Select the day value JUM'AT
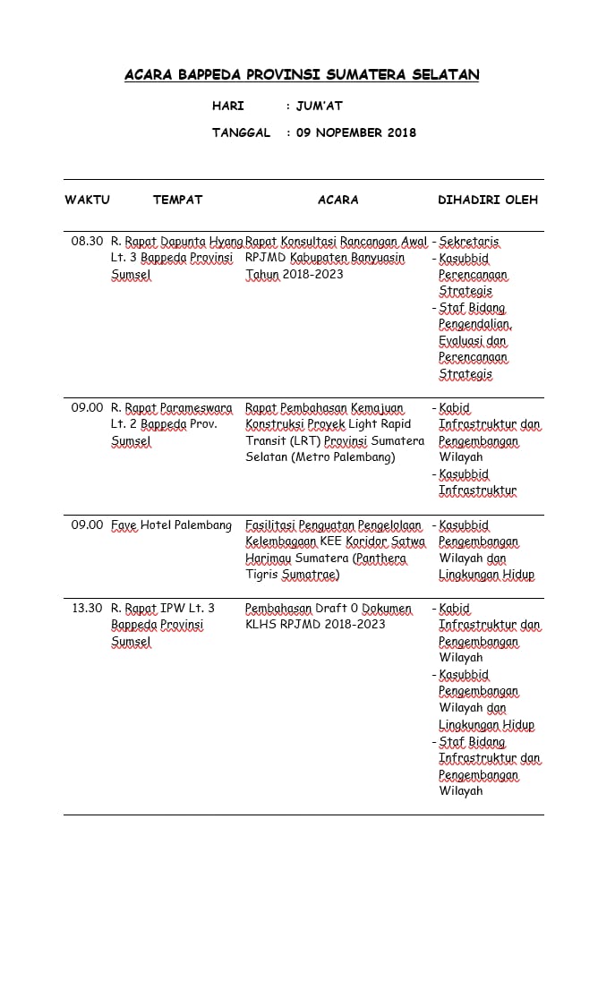[320, 106]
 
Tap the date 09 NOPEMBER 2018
[356, 132]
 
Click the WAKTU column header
[87, 200]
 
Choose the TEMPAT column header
[178, 200]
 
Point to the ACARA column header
[338, 200]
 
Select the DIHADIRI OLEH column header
[488, 200]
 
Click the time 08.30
[87, 241]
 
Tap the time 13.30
[87, 608]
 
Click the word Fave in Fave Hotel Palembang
[124, 525]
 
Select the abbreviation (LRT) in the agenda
[296, 440]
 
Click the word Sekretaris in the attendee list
[469, 242]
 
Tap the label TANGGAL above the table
[241, 132]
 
